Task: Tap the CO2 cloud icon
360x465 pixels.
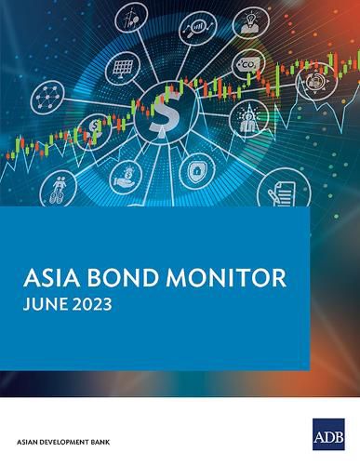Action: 247,63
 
